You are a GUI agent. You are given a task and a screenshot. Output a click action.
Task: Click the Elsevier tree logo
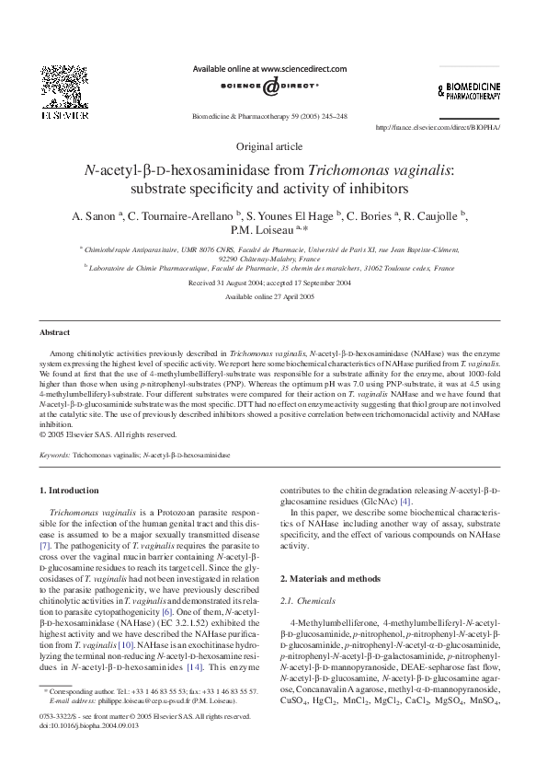(x=60, y=89)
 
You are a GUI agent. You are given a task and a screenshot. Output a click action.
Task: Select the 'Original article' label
(x=268, y=147)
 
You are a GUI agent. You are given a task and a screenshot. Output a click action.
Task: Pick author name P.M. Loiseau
(x=262, y=230)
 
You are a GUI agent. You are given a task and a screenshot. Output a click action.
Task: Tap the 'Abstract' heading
(x=54, y=331)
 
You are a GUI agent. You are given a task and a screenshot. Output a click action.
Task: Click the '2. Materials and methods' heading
(x=329, y=578)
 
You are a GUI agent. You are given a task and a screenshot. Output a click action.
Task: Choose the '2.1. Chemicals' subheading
(x=308, y=599)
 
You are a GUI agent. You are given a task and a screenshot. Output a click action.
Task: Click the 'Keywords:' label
(x=55, y=455)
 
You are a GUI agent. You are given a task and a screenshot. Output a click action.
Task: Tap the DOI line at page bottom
(x=89, y=724)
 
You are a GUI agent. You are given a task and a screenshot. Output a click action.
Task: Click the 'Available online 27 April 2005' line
(x=268, y=296)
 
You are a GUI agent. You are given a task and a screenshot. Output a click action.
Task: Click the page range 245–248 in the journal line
(x=331, y=117)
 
